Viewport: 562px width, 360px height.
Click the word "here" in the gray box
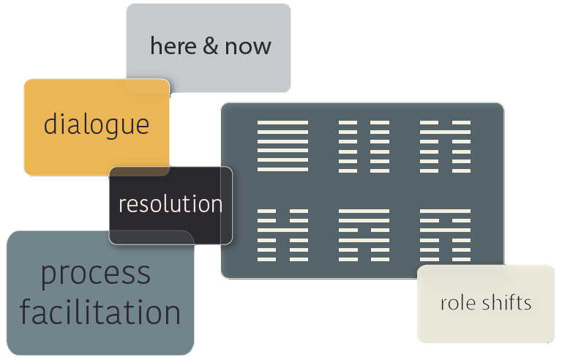click(x=173, y=46)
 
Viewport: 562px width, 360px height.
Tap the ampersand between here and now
click(x=211, y=46)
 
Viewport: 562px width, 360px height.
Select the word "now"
click(x=248, y=48)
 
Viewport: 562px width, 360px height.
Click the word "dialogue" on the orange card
click(x=97, y=124)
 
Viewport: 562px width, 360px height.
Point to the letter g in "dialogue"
click(x=115, y=127)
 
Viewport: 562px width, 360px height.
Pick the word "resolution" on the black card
click(x=171, y=203)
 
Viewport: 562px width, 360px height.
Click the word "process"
click(x=96, y=274)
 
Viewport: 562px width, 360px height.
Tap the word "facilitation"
click(x=100, y=312)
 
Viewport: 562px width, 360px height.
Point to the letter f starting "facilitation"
click(x=26, y=312)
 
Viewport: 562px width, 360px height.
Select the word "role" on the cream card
click(x=459, y=304)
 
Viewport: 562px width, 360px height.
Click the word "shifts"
click(x=506, y=302)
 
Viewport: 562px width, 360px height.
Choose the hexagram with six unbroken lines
click(x=282, y=146)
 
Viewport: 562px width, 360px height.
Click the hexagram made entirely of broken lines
click(x=364, y=146)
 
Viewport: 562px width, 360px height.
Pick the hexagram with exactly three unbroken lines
click(x=445, y=235)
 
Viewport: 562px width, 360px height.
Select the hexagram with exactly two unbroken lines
click(x=364, y=235)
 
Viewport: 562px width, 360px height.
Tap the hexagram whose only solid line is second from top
click(x=445, y=146)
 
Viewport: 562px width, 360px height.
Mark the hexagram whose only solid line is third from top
click(x=282, y=235)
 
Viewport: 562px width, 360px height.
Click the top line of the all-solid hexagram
click(x=282, y=122)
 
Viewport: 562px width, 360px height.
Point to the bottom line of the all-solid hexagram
click(x=282, y=169)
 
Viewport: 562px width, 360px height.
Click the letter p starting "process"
click(x=49, y=277)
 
